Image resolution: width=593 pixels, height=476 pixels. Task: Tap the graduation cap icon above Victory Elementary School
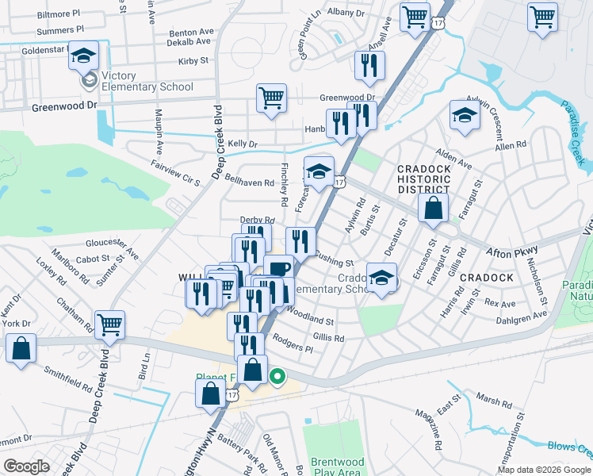click(83, 56)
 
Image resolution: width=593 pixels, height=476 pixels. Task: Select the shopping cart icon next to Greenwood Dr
click(271, 99)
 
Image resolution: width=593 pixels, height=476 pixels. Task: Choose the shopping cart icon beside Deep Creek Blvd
click(109, 324)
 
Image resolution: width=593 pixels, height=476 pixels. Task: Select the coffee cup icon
click(278, 270)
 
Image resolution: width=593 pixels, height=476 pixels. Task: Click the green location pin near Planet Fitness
click(277, 376)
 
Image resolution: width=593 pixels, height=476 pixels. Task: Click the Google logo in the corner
click(26, 466)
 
